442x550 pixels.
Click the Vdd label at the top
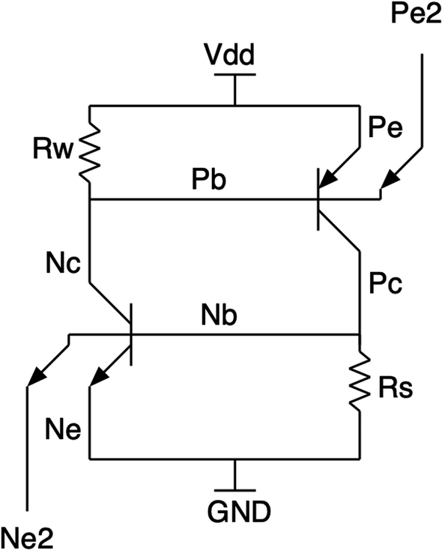pyautogui.click(x=235, y=55)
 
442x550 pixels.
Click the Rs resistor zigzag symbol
pyautogui.click(x=360, y=385)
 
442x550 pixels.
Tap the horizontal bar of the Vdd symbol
pyautogui.click(x=235, y=74)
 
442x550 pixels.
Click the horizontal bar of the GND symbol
pyautogui.click(x=235, y=489)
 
